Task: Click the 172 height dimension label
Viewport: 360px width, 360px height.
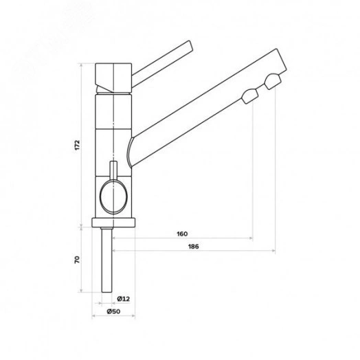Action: click(77, 145)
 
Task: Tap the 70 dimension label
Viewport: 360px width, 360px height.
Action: click(77, 260)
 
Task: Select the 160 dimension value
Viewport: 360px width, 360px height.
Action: click(182, 234)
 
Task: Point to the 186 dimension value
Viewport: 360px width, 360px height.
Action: click(194, 247)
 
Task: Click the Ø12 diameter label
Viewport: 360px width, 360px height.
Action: click(124, 299)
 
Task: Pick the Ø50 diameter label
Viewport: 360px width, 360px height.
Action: click(113, 311)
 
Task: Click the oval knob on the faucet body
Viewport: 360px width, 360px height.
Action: click(113, 196)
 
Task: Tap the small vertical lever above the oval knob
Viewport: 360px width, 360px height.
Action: click(113, 170)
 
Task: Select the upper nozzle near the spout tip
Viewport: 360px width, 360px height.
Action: click(273, 81)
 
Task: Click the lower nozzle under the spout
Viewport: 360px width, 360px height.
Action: click(250, 96)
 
